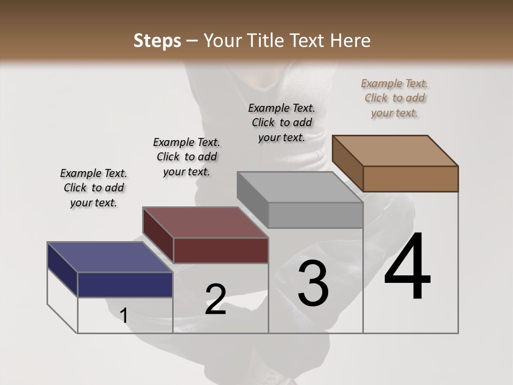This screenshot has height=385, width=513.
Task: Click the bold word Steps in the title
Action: (x=157, y=41)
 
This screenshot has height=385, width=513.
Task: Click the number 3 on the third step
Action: (x=313, y=283)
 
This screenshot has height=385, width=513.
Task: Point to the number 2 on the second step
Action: (x=216, y=299)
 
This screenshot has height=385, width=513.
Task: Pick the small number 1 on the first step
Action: (x=124, y=315)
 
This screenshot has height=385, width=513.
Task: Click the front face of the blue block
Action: (x=125, y=284)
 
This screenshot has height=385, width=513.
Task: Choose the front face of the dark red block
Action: (x=221, y=250)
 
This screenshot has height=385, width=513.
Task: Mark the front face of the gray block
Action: (x=315, y=215)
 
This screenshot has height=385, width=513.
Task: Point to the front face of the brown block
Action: (x=410, y=179)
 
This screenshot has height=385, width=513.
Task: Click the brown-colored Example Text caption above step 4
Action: (x=394, y=98)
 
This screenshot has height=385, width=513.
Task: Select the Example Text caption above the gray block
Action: (x=282, y=122)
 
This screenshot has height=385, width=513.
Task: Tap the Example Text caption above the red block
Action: (x=186, y=157)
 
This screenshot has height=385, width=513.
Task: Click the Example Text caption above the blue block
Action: (x=94, y=188)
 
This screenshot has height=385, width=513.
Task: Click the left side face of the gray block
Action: (x=252, y=199)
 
